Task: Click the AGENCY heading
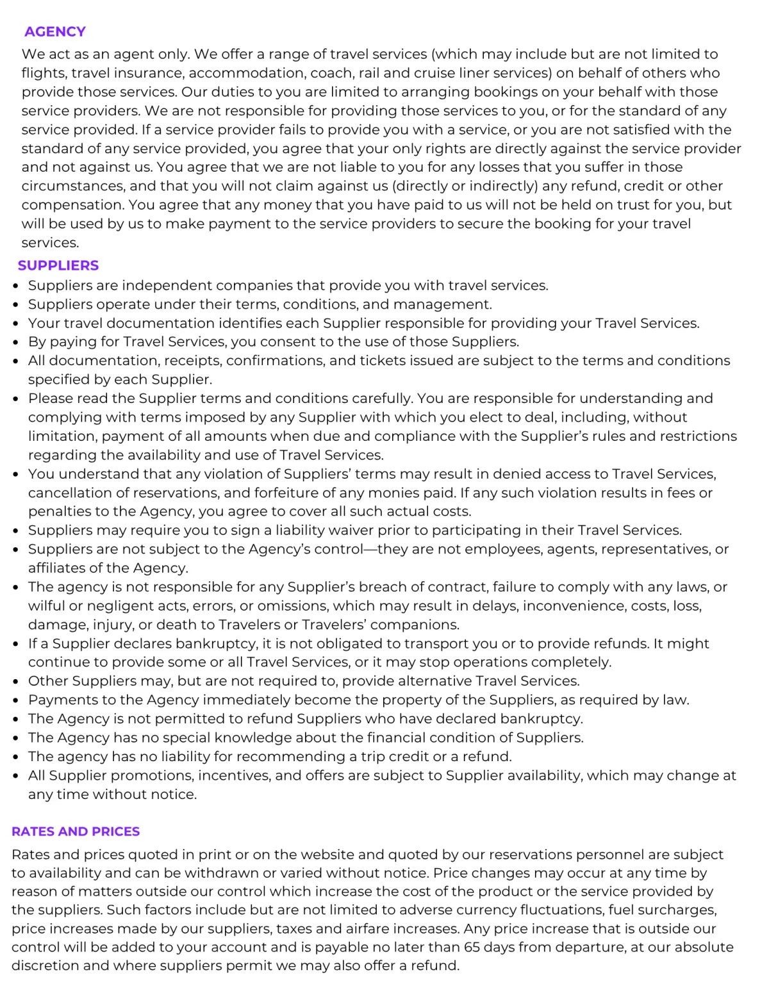55,31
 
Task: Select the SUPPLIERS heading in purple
58,265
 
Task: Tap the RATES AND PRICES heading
76,831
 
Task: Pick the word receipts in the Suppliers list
190,361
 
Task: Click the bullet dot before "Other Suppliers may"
15,682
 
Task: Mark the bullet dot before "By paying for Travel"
15,343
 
